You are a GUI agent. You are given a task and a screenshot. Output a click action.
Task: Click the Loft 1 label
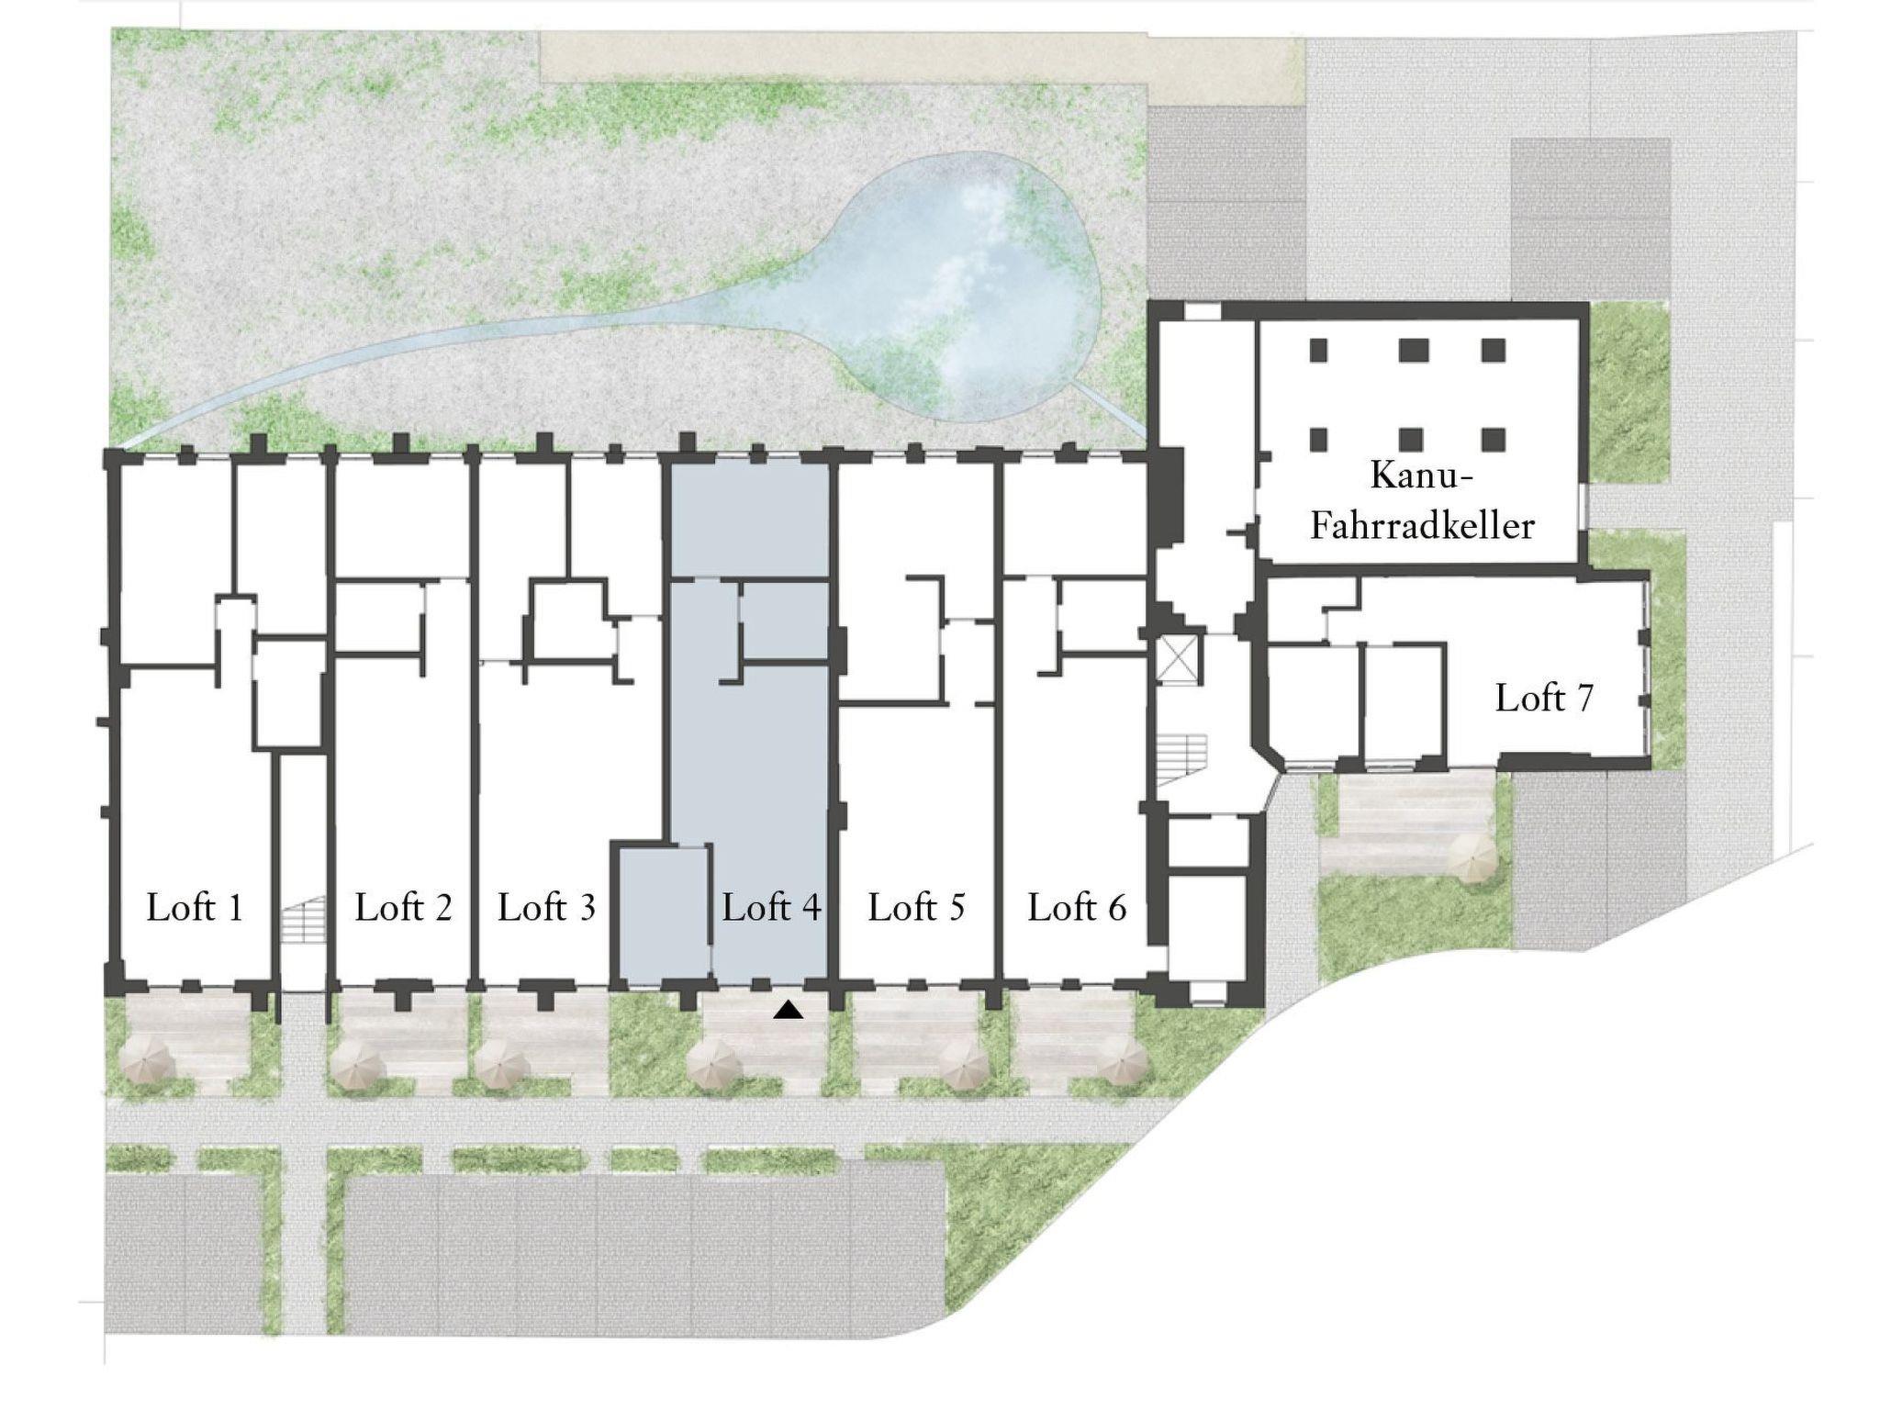(195, 908)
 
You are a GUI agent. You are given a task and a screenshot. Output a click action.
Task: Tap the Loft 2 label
(403, 908)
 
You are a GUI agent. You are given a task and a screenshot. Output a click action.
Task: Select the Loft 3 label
(547, 908)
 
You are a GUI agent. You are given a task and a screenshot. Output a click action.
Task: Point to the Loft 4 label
(771, 908)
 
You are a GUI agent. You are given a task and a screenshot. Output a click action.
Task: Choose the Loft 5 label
(916, 908)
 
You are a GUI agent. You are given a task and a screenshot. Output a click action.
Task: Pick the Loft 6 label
(1077, 908)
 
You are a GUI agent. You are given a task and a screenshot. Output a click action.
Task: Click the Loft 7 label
(1544, 699)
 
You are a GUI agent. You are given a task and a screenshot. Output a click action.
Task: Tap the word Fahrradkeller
(1422, 526)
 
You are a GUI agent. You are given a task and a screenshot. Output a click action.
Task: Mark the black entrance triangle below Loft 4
(789, 1011)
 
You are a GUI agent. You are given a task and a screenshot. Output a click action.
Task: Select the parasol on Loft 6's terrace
(1123, 1065)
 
